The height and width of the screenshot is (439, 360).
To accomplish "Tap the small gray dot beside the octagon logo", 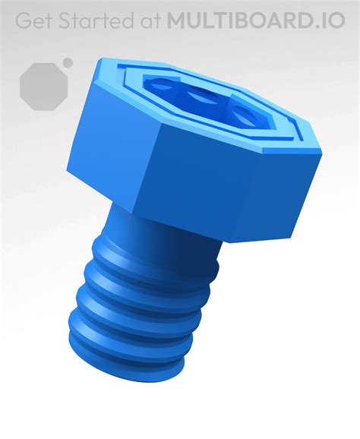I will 68,62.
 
